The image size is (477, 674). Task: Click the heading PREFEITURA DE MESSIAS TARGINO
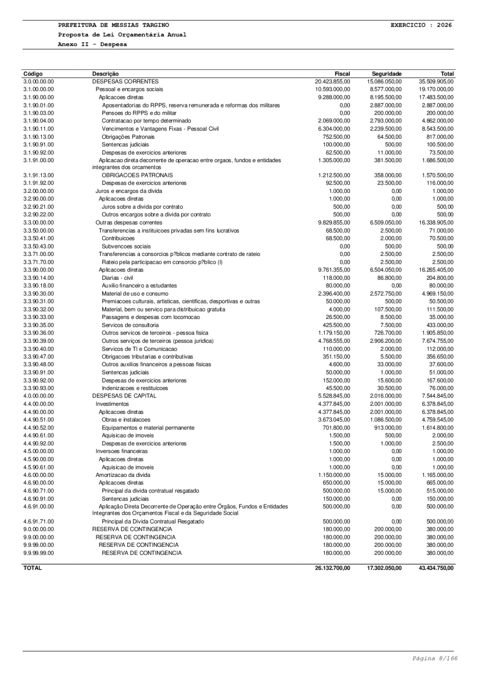[114, 25]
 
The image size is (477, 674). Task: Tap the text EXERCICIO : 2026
[421, 25]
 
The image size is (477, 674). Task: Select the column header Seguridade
[386, 74]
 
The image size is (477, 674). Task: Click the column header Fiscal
[342, 74]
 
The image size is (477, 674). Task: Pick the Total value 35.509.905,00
[436, 82]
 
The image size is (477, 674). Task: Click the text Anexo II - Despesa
[93, 44]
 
